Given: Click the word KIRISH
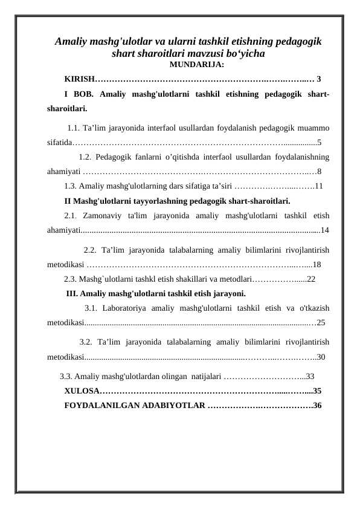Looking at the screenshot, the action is coord(79,79).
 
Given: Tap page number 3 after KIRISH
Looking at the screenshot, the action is coord(319,79).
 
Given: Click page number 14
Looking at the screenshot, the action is coord(325,230).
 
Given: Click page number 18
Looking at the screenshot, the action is coord(317,264).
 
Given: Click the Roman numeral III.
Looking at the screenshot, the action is coord(71,294).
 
